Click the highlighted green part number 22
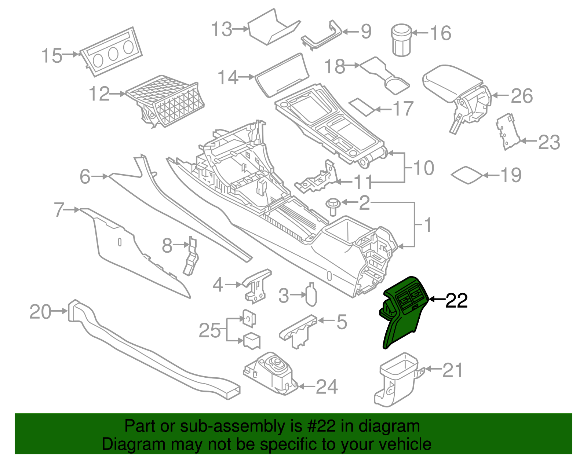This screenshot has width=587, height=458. coord(402,315)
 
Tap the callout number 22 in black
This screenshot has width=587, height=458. coord(456,301)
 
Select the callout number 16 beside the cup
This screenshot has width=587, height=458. coord(440,33)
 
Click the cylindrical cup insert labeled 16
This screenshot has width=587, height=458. coord(401,40)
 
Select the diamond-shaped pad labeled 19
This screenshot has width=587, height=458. coord(467,175)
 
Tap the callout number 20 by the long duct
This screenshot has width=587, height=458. coord(40,312)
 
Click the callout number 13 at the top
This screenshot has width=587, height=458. coord(222,29)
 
